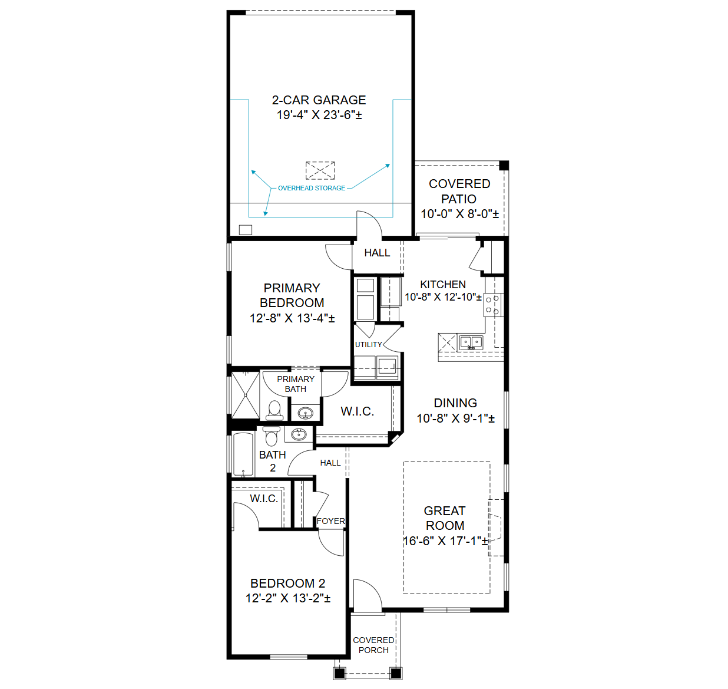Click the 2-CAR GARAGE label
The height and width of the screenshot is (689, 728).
[x=319, y=100]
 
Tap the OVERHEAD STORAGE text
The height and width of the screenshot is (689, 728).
[x=312, y=188]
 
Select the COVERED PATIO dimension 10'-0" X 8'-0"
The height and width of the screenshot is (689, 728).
[x=459, y=214]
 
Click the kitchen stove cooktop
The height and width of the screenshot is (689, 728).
[x=492, y=305]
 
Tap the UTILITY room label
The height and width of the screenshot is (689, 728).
[x=368, y=345]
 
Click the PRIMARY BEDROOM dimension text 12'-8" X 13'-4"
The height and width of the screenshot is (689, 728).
[x=292, y=318]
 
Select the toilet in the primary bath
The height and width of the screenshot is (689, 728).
[x=274, y=411]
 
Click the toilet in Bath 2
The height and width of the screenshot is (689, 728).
[x=272, y=436]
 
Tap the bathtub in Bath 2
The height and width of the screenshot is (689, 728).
[x=243, y=454]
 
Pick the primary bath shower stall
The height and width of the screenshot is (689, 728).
[x=245, y=395]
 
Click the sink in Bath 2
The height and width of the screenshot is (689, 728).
[x=299, y=434]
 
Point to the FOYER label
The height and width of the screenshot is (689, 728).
[x=330, y=521]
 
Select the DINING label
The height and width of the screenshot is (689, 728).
[x=455, y=403]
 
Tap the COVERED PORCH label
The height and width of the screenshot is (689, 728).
[x=373, y=645]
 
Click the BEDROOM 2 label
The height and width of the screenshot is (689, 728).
[x=287, y=583]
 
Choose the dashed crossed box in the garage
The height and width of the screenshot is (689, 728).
[x=320, y=170]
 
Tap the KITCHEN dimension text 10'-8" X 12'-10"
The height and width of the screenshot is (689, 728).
[x=443, y=297]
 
